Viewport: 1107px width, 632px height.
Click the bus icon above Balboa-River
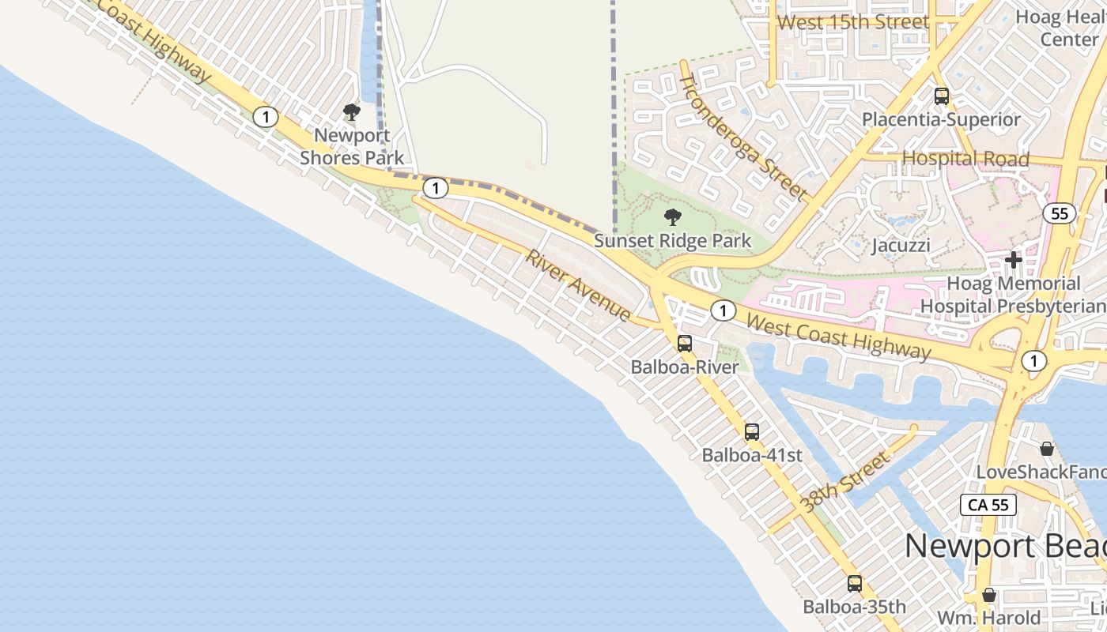pyautogui.click(x=685, y=344)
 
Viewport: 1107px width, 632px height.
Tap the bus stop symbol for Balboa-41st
pyautogui.click(x=752, y=432)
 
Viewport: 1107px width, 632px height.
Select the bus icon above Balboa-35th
pyautogui.click(x=855, y=584)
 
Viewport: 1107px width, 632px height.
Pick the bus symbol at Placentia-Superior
pyautogui.click(x=941, y=96)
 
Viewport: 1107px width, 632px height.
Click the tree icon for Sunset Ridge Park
pyautogui.click(x=673, y=217)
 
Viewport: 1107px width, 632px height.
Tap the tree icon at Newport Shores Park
pyautogui.click(x=352, y=112)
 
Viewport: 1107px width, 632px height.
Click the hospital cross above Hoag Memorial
pyautogui.click(x=1013, y=259)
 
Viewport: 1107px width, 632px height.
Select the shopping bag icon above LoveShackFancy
pyautogui.click(x=1047, y=449)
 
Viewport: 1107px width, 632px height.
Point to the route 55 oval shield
pyautogui.click(x=1060, y=213)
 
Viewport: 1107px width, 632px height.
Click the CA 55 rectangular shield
pyautogui.click(x=988, y=505)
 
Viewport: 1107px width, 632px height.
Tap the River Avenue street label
pyautogui.click(x=579, y=286)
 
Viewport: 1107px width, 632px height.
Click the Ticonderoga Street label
pyautogui.click(x=744, y=136)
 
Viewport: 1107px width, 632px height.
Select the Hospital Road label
pyautogui.click(x=965, y=159)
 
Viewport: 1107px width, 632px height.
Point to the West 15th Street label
pyautogui.click(x=853, y=22)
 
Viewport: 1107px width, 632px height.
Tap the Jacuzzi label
pyautogui.click(x=901, y=245)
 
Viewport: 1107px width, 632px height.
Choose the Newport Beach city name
pyautogui.click(x=1004, y=547)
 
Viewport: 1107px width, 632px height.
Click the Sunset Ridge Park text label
pyautogui.click(x=673, y=241)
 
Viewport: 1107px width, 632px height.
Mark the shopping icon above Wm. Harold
pyautogui.click(x=988, y=594)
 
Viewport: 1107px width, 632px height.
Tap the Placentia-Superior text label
pyautogui.click(x=941, y=120)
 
